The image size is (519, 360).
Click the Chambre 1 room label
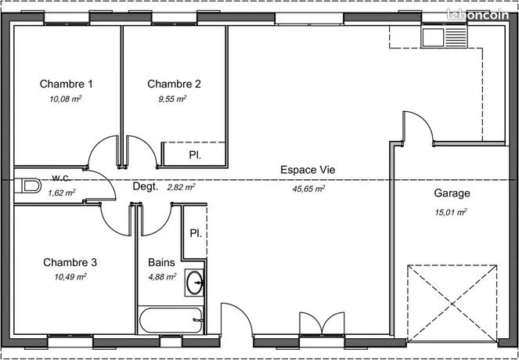pyautogui.click(x=67, y=84)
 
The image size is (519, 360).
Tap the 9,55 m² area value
pyautogui.click(x=172, y=99)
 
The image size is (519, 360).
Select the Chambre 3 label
pyautogui.click(x=70, y=262)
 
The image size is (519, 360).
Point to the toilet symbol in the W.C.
pyautogui.click(x=31, y=185)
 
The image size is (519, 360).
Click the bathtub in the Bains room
pyautogui.click(x=171, y=320)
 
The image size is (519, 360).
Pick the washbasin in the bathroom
pyautogui.click(x=194, y=283)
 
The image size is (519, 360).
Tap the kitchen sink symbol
pyautogui.click(x=444, y=38)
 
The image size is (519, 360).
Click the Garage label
pyautogui.click(x=452, y=193)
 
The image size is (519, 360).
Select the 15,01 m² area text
pyautogui.click(x=451, y=212)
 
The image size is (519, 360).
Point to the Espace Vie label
pyautogui.click(x=308, y=170)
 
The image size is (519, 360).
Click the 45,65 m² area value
pyautogui.click(x=308, y=189)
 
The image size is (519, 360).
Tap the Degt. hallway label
pyautogui.click(x=146, y=186)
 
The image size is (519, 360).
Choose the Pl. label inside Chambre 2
pyautogui.click(x=195, y=155)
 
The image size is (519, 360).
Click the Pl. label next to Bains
pyautogui.click(x=196, y=233)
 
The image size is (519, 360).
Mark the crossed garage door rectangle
pyautogui.click(x=452, y=303)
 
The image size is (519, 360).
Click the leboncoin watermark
pyautogui.click(x=478, y=15)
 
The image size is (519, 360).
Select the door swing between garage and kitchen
pyautogui.click(x=418, y=128)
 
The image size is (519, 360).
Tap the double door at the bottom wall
pyautogui.click(x=322, y=323)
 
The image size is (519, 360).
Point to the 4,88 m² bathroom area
pyautogui.click(x=162, y=276)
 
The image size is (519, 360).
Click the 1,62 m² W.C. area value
pyautogui.click(x=62, y=193)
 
